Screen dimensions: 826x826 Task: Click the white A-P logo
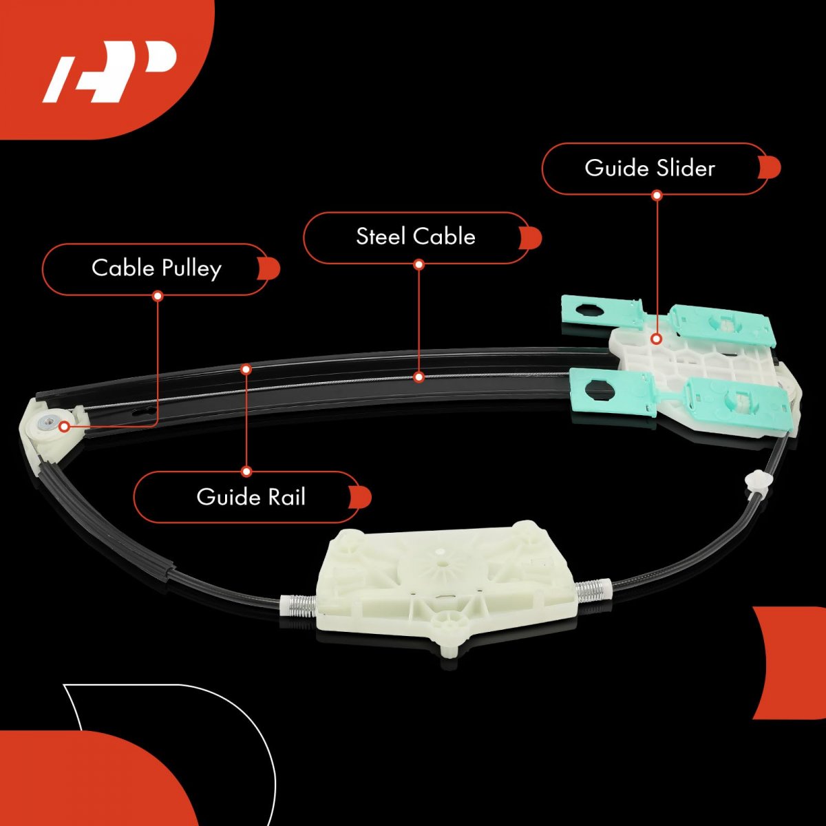click(x=110, y=72)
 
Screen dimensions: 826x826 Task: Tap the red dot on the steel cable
click(x=419, y=377)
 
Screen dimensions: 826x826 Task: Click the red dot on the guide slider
click(x=657, y=339)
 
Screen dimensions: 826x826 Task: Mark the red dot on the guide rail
click(x=246, y=368)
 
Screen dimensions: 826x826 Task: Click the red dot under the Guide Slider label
click(x=657, y=195)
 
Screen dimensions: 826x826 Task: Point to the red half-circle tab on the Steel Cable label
click(x=533, y=238)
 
